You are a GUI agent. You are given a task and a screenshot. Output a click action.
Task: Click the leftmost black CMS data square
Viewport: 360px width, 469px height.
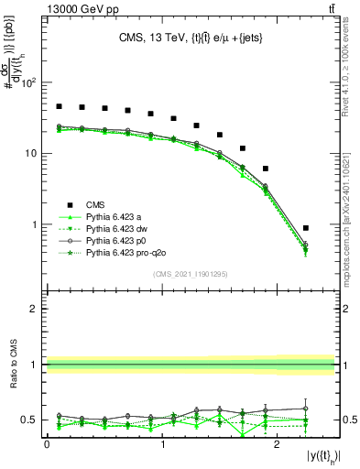click(x=60, y=107)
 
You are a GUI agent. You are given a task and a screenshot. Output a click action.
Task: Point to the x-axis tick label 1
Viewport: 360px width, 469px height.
click(x=163, y=443)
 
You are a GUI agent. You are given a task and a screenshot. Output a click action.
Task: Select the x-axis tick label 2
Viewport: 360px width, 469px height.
click(x=278, y=443)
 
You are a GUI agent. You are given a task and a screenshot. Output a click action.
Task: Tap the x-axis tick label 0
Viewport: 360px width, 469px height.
click(x=48, y=443)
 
